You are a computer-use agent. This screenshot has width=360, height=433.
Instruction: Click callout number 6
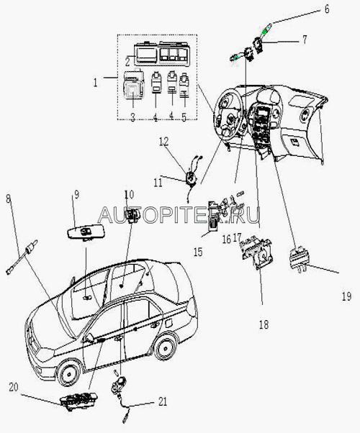point(327,9)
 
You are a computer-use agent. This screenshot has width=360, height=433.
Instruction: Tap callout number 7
point(305,40)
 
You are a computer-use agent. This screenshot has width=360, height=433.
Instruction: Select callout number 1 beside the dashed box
point(95,82)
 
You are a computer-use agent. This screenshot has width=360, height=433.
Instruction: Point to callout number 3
point(132,117)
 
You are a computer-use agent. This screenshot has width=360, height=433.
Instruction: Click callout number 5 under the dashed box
point(184,117)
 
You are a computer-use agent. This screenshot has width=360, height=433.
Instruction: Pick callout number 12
point(163,142)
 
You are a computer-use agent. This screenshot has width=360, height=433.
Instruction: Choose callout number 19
point(346,296)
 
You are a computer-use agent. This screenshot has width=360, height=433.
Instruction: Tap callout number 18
point(264,324)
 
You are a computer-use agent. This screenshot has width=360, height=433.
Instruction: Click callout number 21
point(163,401)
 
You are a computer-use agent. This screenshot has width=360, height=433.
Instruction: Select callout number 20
point(14,387)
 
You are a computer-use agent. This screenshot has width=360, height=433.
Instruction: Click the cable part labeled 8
point(22,257)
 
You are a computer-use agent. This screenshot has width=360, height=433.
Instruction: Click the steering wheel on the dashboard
point(229,111)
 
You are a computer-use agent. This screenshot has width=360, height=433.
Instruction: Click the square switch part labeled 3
point(133,84)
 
